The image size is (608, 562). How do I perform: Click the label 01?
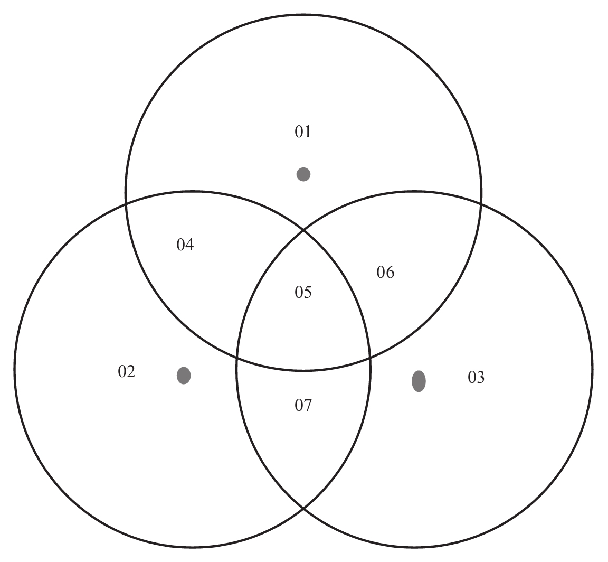click(x=303, y=132)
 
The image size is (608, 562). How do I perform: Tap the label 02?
click(x=127, y=372)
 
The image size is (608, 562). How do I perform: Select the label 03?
click(x=476, y=377)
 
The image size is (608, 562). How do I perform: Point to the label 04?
click(x=185, y=245)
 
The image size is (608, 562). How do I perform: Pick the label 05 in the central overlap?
click(x=303, y=292)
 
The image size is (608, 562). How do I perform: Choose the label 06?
click(x=385, y=273)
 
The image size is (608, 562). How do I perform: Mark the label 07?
click(x=303, y=406)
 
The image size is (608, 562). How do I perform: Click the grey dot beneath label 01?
click(x=303, y=174)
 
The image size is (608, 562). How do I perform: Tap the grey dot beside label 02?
click(x=184, y=376)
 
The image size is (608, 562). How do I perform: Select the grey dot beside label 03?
click(x=419, y=381)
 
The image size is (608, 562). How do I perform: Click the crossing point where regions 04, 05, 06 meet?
click(x=303, y=230)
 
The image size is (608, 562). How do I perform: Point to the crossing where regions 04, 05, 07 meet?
click(x=237, y=358)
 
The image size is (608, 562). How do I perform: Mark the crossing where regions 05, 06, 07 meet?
click(x=370, y=358)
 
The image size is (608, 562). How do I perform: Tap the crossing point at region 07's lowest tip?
click(x=303, y=508)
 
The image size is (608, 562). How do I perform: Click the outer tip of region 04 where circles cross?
click(x=126, y=202)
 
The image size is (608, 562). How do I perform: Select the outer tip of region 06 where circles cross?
click(x=481, y=202)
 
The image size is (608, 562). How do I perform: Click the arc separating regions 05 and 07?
click(x=303, y=370)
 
